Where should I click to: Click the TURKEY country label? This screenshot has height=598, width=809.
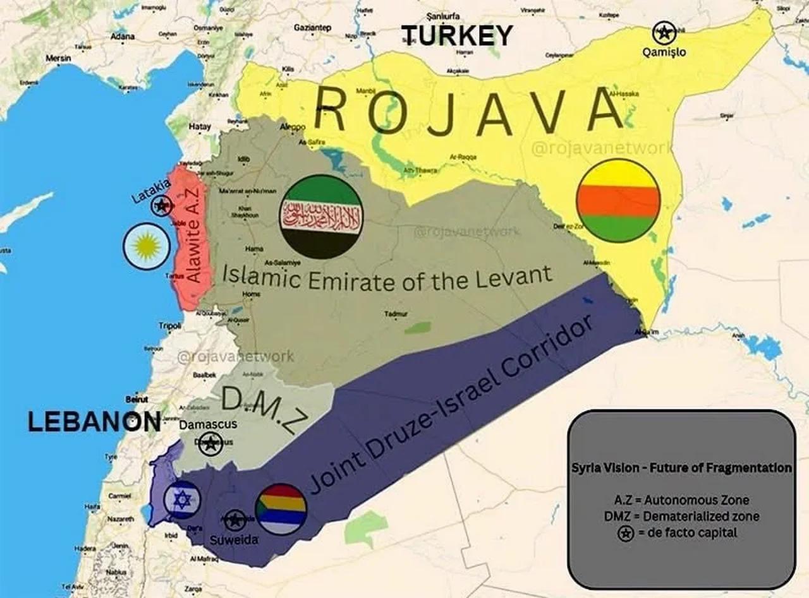[457, 35]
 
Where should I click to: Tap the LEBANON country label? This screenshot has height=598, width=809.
[94, 422]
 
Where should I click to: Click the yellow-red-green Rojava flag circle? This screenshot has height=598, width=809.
[618, 200]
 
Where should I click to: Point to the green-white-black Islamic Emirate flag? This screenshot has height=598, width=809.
[322, 217]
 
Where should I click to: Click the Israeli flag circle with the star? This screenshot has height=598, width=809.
[182, 499]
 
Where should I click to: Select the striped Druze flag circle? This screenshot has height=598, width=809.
[281, 509]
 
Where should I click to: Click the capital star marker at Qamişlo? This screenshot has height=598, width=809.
[664, 32]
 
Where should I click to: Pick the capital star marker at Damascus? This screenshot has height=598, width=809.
[210, 444]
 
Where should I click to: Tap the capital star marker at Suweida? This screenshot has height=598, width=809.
[235, 520]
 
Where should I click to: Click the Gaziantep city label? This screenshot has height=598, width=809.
[312, 28]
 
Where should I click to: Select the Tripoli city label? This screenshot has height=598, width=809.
[170, 326]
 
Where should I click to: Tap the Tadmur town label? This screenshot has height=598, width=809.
[396, 314]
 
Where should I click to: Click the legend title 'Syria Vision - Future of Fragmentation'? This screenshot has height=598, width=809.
[681, 468]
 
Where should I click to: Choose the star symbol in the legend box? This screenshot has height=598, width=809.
[625, 534]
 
